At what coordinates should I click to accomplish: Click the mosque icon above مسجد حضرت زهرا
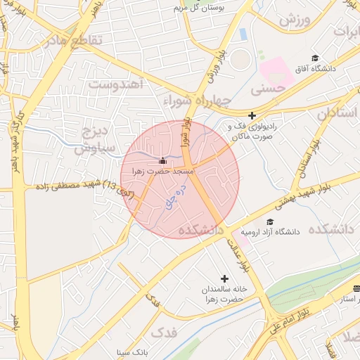point(163,160)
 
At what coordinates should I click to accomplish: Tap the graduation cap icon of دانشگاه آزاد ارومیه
point(270,221)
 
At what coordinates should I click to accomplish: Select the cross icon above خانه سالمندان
point(225,278)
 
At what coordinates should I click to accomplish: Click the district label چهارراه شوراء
point(197,101)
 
